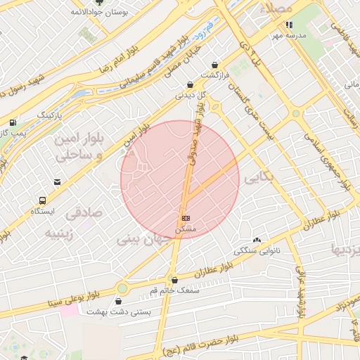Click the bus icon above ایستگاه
click(44, 200)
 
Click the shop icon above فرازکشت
click(214, 65)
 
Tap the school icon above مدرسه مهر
click(288, 25)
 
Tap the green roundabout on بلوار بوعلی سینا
click(122, 288)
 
